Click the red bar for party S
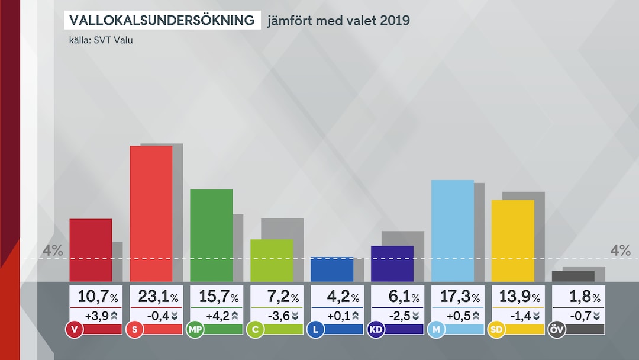(x=151, y=213)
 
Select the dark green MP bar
(x=211, y=235)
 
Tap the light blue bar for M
(x=453, y=230)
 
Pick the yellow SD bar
(x=513, y=240)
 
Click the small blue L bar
(x=332, y=269)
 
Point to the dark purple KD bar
(x=392, y=263)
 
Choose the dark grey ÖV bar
(x=573, y=277)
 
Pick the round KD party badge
(x=375, y=329)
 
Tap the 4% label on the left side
(x=53, y=250)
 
